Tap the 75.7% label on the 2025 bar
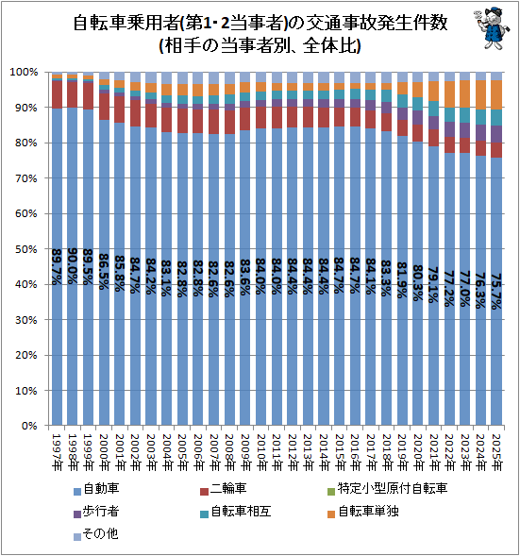point(496,291)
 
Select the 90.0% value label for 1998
point(73,267)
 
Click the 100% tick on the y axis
point(25,72)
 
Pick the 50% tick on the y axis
point(27,249)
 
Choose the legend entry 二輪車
point(227,489)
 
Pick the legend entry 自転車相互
point(235,514)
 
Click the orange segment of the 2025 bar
point(496,94)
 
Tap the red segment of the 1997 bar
point(58,94)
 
